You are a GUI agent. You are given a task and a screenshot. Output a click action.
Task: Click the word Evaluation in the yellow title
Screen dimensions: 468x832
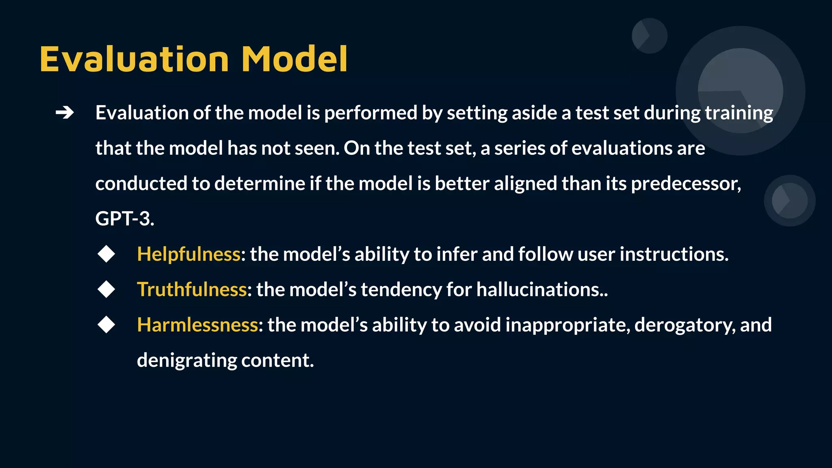click(x=134, y=59)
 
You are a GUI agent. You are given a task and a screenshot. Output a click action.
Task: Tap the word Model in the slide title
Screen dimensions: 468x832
click(x=295, y=59)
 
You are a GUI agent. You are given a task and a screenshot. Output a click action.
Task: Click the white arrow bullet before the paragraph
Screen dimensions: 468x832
click(x=65, y=113)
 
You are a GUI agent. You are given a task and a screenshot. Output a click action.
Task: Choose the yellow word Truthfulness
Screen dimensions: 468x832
click(x=192, y=290)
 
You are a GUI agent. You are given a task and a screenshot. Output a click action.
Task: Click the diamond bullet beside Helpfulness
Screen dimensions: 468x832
click(x=106, y=254)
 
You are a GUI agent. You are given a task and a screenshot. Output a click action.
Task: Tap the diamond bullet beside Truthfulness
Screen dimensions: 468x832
click(x=106, y=290)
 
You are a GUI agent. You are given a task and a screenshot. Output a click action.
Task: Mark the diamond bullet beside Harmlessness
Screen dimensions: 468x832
click(x=106, y=325)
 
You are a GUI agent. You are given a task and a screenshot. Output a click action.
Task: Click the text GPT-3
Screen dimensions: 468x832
click(x=124, y=219)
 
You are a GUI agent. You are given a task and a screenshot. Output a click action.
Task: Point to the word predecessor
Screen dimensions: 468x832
click(x=686, y=184)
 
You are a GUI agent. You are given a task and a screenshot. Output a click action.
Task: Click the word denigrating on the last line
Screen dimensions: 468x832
click(x=187, y=361)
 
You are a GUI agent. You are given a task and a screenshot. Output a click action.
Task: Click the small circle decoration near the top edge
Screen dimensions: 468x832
click(x=650, y=36)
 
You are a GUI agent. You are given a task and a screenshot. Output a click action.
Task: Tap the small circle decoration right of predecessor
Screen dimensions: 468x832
click(x=789, y=200)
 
